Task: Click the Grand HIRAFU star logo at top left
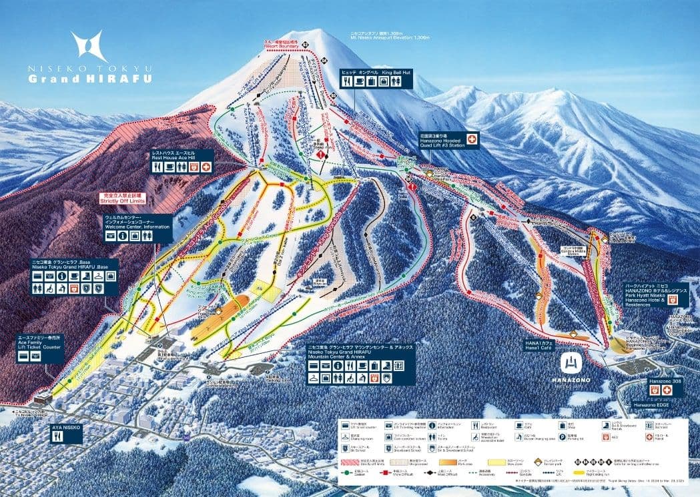tap(89, 46)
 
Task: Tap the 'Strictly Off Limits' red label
tap(122, 198)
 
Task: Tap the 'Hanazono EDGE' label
tap(650, 404)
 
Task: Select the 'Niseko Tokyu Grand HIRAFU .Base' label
tap(74, 264)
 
